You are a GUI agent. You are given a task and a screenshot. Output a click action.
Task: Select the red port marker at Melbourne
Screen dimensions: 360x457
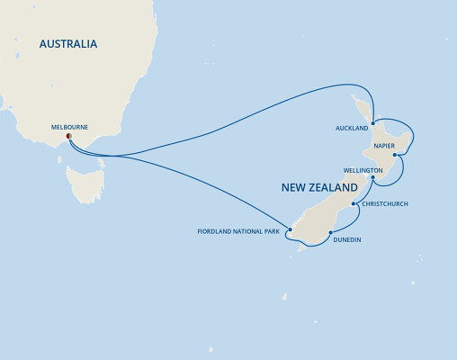68,137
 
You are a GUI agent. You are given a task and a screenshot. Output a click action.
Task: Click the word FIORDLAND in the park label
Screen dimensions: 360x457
217,233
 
